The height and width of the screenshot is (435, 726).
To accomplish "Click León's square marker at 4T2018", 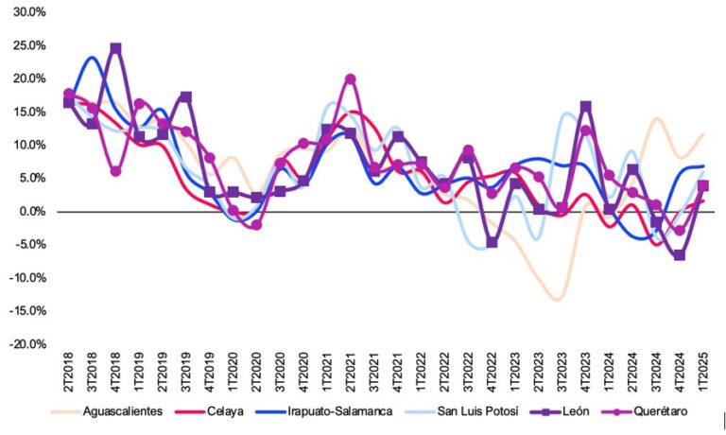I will [x=115, y=48].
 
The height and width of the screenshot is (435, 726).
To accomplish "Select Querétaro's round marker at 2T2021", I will [x=351, y=79].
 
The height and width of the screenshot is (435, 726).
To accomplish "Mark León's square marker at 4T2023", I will [x=586, y=107].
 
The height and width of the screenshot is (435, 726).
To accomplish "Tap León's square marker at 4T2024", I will [x=680, y=255].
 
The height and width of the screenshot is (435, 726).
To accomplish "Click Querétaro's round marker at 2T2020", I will [x=256, y=225].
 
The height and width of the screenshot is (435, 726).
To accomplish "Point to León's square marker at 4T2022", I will [x=492, y=243].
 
